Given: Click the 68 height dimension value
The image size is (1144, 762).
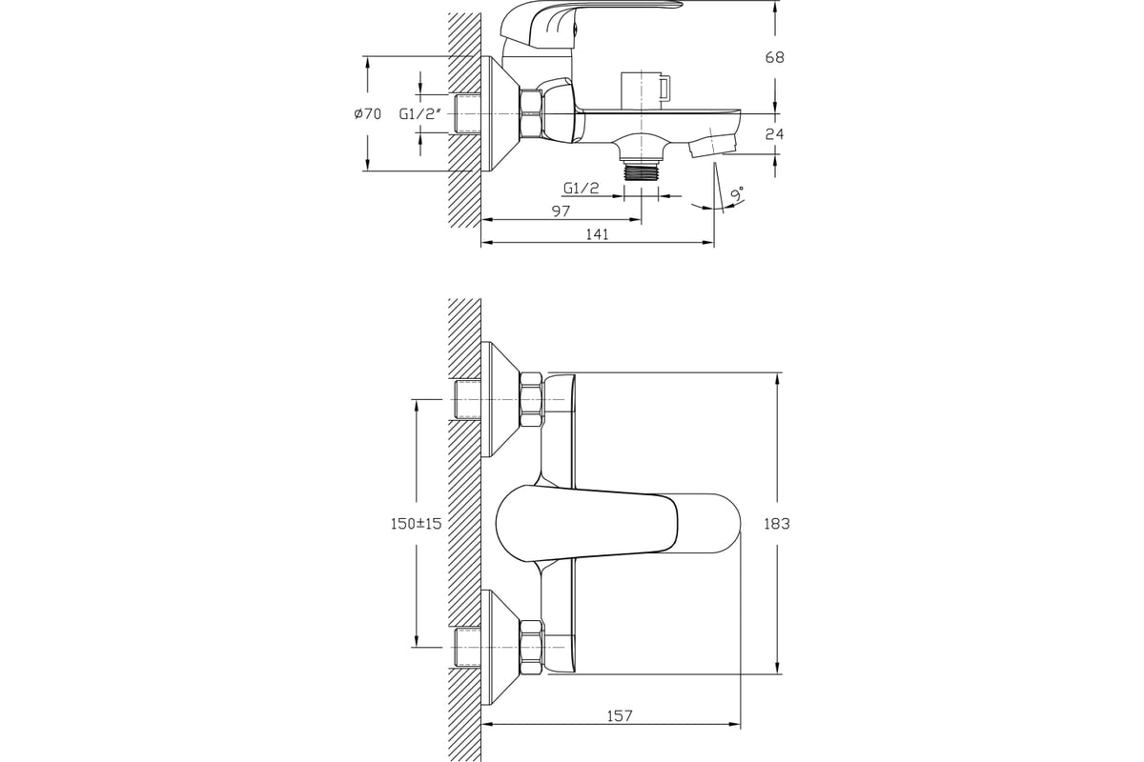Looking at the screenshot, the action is pos(774,58).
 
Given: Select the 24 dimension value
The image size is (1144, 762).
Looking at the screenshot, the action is pos(774,134).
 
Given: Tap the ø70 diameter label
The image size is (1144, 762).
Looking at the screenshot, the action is pos(368,113).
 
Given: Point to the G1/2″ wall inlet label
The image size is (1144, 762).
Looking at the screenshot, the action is pos(419,113).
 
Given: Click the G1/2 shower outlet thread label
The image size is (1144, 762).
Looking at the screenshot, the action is pos(582,189).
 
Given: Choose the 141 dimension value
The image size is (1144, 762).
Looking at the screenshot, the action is pos(597,234).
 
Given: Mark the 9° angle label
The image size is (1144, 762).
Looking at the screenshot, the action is pos(737,194).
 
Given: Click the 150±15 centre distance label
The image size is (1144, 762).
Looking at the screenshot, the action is pos(416,524).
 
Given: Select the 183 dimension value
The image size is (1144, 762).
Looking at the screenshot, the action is pos(777,524).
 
